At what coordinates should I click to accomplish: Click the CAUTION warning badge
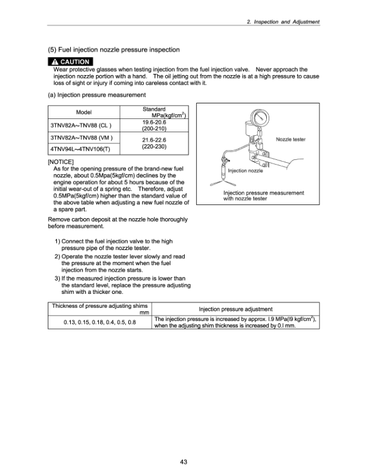coord(70,61)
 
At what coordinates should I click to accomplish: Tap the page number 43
coord(183,462)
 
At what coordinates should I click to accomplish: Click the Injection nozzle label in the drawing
coord(245,171)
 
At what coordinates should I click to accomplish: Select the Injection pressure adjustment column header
coord(235,309)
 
